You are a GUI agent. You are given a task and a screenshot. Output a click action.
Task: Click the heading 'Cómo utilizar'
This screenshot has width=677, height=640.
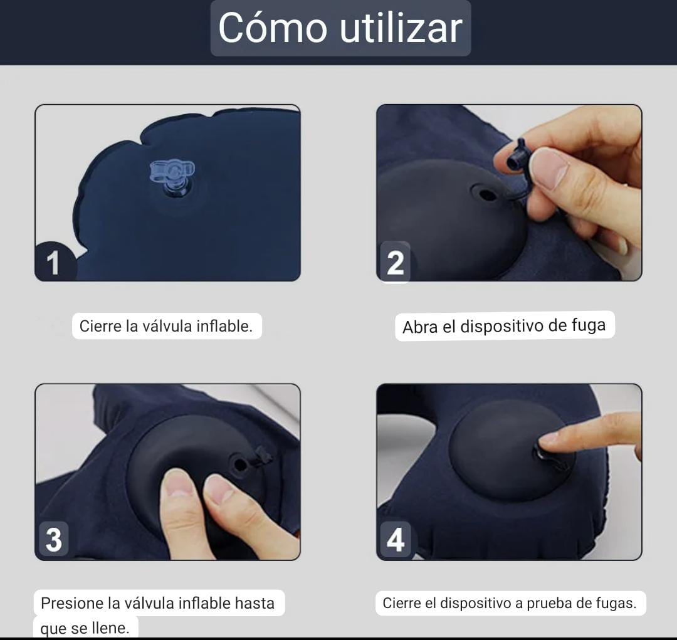(x=340, y=28)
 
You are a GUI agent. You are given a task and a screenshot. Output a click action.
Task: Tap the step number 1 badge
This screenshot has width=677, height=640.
(x=53, y=261)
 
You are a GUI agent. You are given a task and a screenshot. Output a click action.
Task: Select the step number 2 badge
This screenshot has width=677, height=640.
(x=395, y=261)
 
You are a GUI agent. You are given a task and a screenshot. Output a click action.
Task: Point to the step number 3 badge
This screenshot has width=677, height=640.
(x=53, y=539)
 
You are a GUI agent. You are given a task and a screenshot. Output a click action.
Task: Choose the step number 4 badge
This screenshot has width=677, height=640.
(x=396, y=539)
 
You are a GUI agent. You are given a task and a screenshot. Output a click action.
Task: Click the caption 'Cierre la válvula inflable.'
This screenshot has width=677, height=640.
(x=166, y=326)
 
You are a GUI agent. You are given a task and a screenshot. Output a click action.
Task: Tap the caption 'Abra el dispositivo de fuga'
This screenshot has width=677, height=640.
(x=504, y=326)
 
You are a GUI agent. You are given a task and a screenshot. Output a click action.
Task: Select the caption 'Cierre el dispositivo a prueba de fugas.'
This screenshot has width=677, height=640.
(x=510, y=603)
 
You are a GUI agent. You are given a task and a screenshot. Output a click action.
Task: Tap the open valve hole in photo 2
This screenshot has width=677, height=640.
(x=487, y=194)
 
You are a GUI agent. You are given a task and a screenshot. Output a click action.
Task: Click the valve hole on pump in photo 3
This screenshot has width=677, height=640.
(x=239, y=464)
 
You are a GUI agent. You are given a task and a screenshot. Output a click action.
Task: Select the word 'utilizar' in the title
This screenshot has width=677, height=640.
(x=401, y=28)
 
